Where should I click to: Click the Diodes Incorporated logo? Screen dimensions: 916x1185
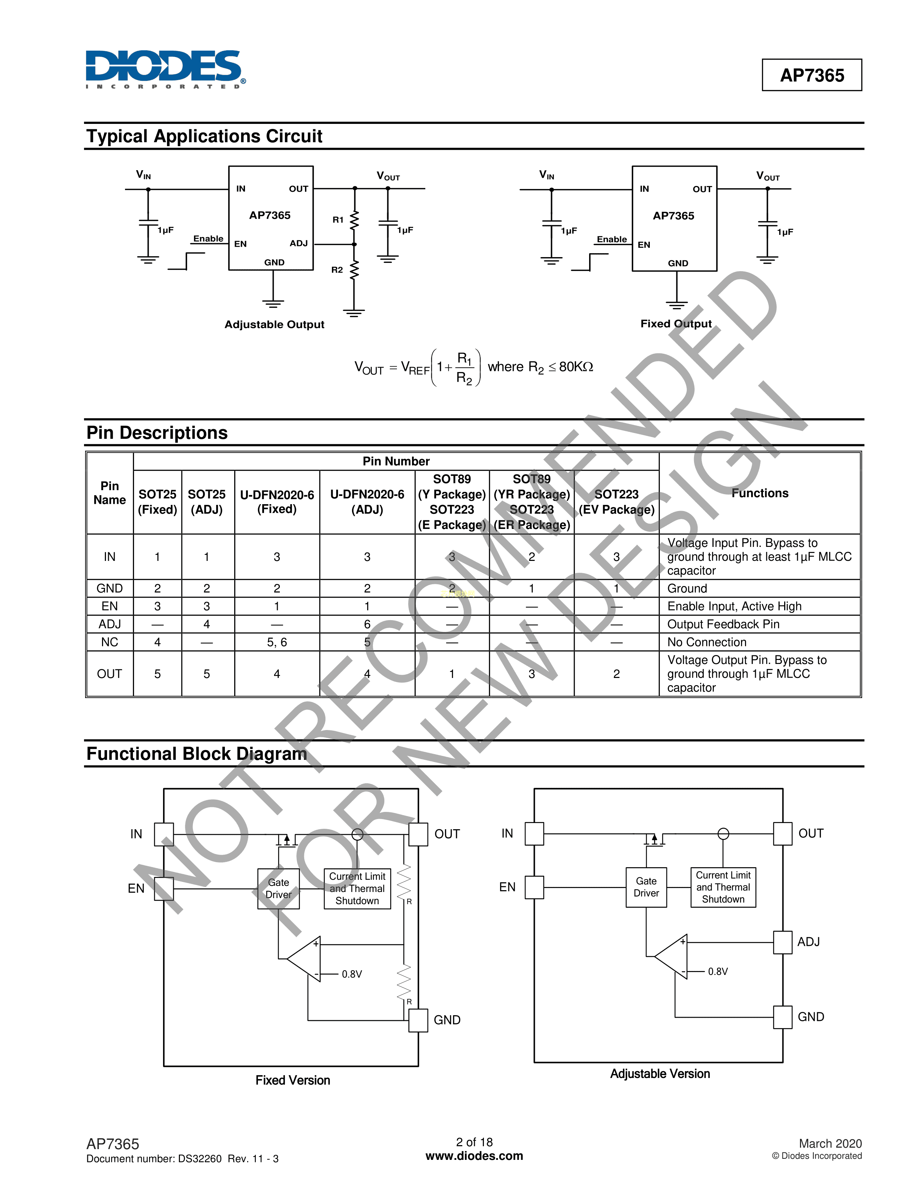[x=166, y=69]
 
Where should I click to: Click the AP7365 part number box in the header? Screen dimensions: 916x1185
[x=812, y=75]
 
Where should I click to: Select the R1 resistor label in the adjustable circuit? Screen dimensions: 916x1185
[x=338, y=220]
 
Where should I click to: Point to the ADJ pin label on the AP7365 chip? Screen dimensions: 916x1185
[x=299, y=243]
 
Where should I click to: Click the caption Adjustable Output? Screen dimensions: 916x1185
[x=274, y=325]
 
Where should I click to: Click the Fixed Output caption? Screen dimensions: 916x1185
[x=676, y=324]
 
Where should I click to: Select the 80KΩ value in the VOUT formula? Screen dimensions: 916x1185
[x=576, y=367]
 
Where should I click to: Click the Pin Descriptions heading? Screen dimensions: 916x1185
[x=157, y=432]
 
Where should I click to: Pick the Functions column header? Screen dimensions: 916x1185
[x=760, y=493]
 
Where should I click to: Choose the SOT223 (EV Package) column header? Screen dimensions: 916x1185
[x=616, y=502]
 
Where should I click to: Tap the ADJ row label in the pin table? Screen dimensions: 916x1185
[x=110, y=624]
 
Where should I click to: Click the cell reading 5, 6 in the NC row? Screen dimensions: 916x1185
[x=277, y=642]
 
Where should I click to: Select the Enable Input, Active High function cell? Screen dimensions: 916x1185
[x=734, y=606]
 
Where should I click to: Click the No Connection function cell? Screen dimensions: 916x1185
[x=707, y=642]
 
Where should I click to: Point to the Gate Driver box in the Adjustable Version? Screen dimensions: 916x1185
[x=646, y=887]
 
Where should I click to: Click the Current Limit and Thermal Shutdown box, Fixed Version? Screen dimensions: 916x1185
[x=357, y=888]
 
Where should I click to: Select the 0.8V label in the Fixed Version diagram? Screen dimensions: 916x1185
[x=352, y=974]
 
